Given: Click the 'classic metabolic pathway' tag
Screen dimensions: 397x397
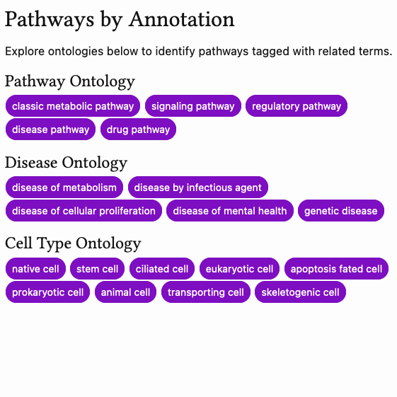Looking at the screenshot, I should pos(73,106).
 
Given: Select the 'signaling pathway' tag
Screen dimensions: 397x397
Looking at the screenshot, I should pos(193,106).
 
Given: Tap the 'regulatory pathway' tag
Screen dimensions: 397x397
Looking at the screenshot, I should pos(297,106).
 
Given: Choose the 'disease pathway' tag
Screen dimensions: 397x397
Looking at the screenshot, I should pos(51,130).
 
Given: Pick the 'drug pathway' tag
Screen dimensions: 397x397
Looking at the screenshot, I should pos(138,130).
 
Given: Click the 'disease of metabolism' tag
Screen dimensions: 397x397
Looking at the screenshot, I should pos(64,188).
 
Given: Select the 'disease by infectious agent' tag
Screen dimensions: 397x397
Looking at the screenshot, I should pos(198,188).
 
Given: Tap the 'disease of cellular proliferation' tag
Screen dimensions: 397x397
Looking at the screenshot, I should pos(84,211).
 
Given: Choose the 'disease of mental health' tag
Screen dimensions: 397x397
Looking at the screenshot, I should pos(230,211).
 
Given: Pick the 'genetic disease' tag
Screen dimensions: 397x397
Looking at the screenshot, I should pos(341,211).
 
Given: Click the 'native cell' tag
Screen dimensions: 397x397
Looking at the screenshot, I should pos(36,269).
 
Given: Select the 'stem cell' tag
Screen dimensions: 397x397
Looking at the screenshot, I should pos(98,269).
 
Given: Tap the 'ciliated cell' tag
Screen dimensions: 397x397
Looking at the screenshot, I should pos(162,269).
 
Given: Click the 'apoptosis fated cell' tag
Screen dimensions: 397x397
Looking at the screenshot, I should pos(336,269).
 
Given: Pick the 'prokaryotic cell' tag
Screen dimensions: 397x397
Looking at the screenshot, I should pos(48,292).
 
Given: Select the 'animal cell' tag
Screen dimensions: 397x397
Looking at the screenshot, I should pos(125,292).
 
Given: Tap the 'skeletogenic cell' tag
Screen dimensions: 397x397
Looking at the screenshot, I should pos(301,292).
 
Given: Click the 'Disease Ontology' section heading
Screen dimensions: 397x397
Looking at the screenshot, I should pos(66,163).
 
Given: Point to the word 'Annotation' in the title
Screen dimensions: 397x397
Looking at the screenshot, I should pos(180,20).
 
